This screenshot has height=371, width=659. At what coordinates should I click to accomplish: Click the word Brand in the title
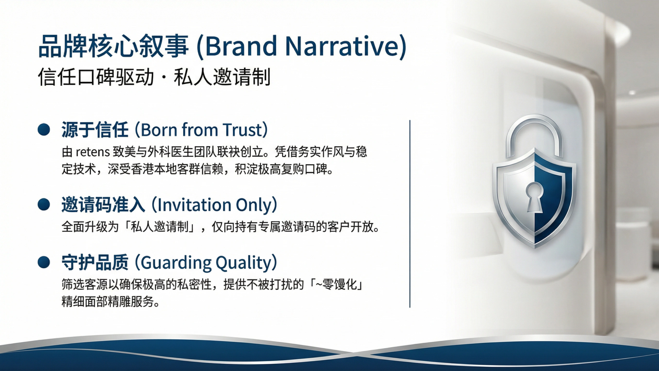coord(241,46)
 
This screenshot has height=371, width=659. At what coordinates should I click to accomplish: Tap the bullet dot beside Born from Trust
coord(44,130)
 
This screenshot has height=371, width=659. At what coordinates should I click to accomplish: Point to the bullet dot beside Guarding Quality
coord(44,262)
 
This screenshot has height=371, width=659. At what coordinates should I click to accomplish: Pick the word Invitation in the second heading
coord(194,205)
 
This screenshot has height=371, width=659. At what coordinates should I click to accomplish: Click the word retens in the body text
coord(93,152)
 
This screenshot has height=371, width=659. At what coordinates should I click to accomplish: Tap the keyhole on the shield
coord(534,197)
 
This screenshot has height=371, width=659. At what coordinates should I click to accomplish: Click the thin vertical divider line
coord(410,214)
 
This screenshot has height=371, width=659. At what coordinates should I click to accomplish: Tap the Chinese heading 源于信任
coord(95,130)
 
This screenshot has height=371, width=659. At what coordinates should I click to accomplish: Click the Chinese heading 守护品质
coord(95,262)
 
